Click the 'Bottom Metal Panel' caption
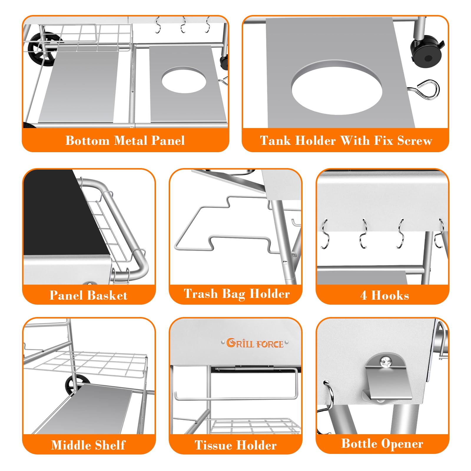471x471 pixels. tap(125, 140)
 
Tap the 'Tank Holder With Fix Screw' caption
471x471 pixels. tap(346, 140)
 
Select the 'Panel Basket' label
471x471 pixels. tap(89, 295)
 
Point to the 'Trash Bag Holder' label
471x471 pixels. tap(237, 294)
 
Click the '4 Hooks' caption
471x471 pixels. tap(384, 295)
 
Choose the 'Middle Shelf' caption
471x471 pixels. tap(88, 445)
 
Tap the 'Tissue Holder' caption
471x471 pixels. tap(235, 445)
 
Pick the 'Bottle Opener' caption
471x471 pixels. tap(382, 444)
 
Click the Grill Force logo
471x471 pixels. tap(255, 343)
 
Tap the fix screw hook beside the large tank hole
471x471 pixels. tap(424, 89)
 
